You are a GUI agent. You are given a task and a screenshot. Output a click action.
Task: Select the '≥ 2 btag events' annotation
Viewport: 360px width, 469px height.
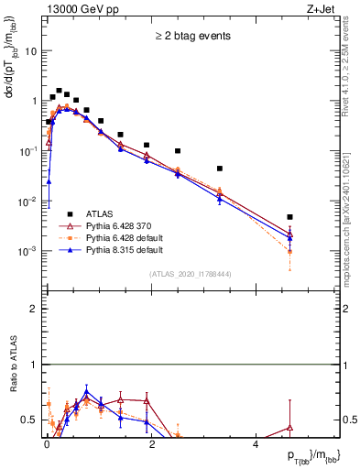[191, 37]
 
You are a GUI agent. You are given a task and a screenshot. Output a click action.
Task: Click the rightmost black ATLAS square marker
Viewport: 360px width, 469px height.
[289, 217]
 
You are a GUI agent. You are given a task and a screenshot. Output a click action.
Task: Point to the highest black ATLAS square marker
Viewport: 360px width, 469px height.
[59, 91]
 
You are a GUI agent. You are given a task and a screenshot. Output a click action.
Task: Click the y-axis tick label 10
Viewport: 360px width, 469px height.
[31, 51]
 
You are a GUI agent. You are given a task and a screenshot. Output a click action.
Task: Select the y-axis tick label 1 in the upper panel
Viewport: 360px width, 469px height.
[34, 101]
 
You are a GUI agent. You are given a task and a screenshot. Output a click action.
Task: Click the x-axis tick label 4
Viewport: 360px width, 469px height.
[256, 443]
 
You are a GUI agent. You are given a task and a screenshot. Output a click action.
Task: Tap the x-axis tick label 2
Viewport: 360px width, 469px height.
[151, 443]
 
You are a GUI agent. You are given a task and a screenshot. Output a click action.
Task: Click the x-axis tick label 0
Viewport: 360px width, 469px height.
[47, 443]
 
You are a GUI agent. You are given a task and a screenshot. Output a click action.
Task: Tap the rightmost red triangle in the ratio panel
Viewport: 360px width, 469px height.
[289, 428]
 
